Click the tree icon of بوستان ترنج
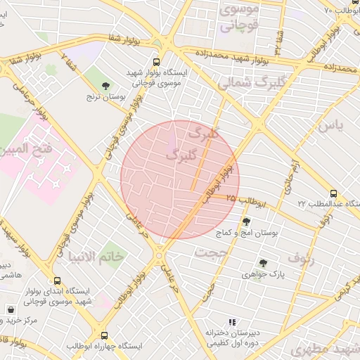(x=105, y=85)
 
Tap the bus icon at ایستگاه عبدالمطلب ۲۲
(x=333, y=193)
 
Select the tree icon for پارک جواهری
(x=263, y=262)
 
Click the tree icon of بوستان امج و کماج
(x=245, y=221)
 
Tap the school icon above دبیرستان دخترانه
(x=232, y=321)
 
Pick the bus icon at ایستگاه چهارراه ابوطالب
(x=105, y=336)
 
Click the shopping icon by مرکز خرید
(x=11, y=309)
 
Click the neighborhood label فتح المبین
(x=26, y=149)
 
